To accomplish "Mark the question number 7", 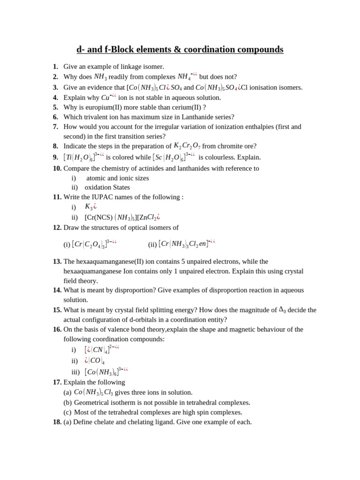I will pyautogui.click(x=55, y=127).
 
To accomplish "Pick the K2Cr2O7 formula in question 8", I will pyautogui.click(x=187, y=146).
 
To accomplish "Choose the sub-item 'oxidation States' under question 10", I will pyautogui.click(x=107, y=187).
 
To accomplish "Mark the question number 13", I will pyautogui.click(x=57, y=262).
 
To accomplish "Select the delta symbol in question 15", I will pyautogui.click(x=282, y=310).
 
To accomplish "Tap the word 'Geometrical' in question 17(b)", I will pyautogui.click(x=92, y=403).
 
